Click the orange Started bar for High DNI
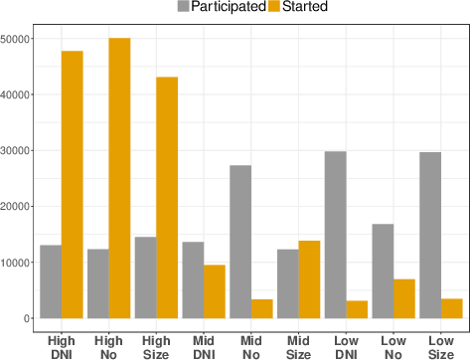72,184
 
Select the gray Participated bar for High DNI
51,281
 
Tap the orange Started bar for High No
119,178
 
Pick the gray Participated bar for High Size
145,277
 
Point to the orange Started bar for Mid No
262,308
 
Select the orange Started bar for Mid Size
309,279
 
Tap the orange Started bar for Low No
404,298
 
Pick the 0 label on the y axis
31,318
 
